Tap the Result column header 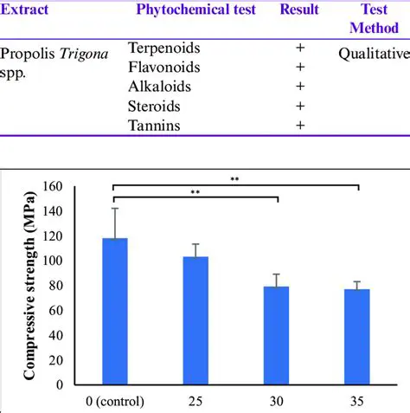[x=298, y=10]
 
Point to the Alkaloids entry [x=159, y=87]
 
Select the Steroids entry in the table [x=157, y=106]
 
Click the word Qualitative [x=372, y=55]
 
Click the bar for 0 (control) [x=115, y=311]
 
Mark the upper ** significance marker [x=234, y=179]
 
